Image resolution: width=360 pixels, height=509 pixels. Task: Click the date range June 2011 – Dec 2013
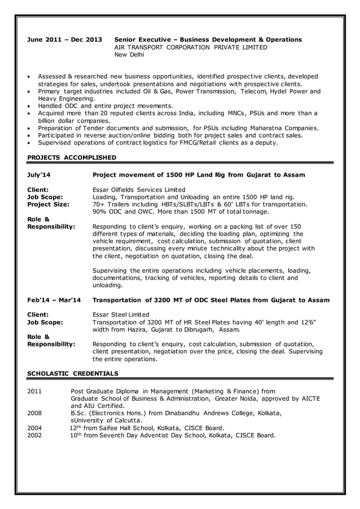(x=65, y=40)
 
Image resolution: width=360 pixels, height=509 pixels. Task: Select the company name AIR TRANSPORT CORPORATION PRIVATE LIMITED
(x=191, y=47)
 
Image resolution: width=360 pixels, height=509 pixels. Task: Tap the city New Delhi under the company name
(x=129, y=55)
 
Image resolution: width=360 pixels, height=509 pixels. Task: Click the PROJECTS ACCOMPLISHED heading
(x=72, y=157)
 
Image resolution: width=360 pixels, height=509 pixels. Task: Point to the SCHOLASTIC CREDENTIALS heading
(x=73, y=373)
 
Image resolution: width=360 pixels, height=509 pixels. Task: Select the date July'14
(x=39, y=175)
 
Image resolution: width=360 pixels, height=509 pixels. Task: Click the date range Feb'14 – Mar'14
(x=54, y=300)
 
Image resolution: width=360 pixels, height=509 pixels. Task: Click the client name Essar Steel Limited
(x=120, y=314)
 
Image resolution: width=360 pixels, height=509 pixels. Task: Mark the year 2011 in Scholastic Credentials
(x=35, y=390)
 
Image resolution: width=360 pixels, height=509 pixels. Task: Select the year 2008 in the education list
(x=35, y=413)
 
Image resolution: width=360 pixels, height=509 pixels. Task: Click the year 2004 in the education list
(x=35, y=428)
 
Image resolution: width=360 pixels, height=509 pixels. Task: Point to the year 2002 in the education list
(x=35, y=435)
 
